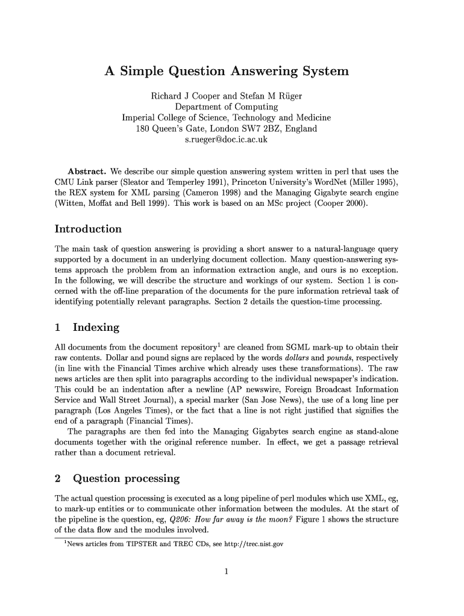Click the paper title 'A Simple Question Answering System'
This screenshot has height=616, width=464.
(227, 72)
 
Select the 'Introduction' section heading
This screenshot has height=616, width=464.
(88, 229)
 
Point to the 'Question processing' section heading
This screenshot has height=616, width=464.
(125, 479)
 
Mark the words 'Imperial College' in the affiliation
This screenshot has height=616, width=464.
(154, 118)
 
